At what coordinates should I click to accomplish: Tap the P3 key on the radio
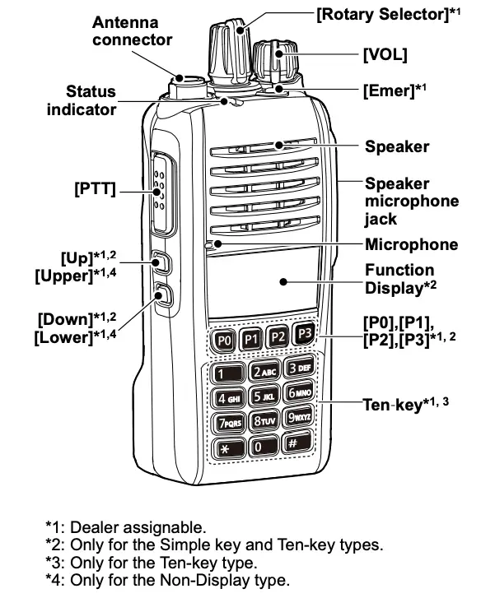click(x=304, y=333)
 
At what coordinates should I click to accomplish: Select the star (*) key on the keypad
click(x=225, y=449)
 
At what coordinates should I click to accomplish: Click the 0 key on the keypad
click(x=261, y=447)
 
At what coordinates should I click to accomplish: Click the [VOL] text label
click(x=385, y=54)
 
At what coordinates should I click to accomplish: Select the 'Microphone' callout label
click(x=411, y=244)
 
